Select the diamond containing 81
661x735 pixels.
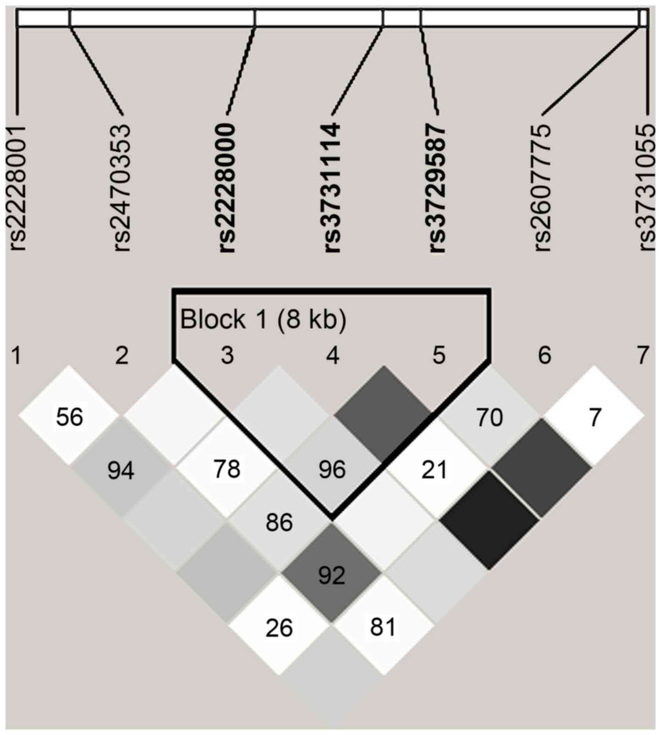click(383, 627)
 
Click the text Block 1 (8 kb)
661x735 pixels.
click(263, 319)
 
